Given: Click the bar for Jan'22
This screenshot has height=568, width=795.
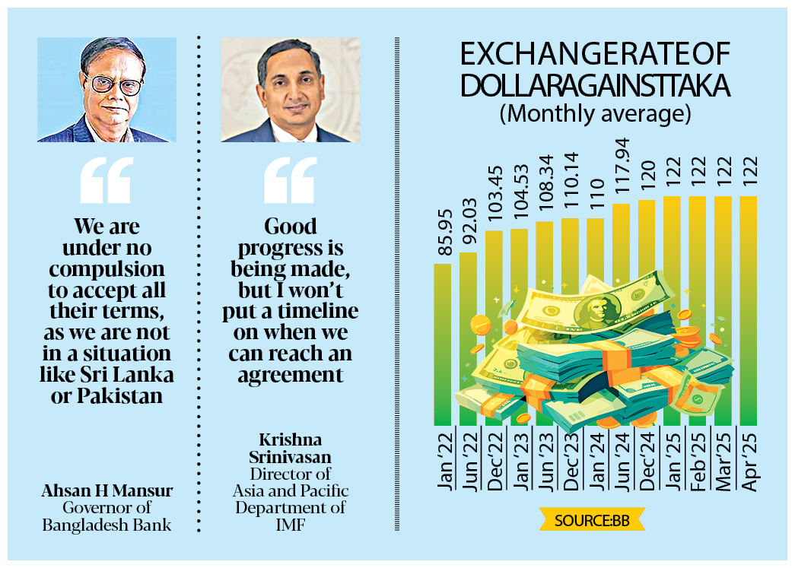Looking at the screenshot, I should (x=442, y=342).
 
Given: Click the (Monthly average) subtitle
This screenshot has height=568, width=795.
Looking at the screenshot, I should (x=595, y=114).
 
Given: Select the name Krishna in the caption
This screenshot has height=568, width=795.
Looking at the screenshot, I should (x=289, y=440).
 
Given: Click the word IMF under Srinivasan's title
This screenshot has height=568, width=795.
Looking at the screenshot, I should (x=289, y=524).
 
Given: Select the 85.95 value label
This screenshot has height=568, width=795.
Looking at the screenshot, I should (x=442, y=236).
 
